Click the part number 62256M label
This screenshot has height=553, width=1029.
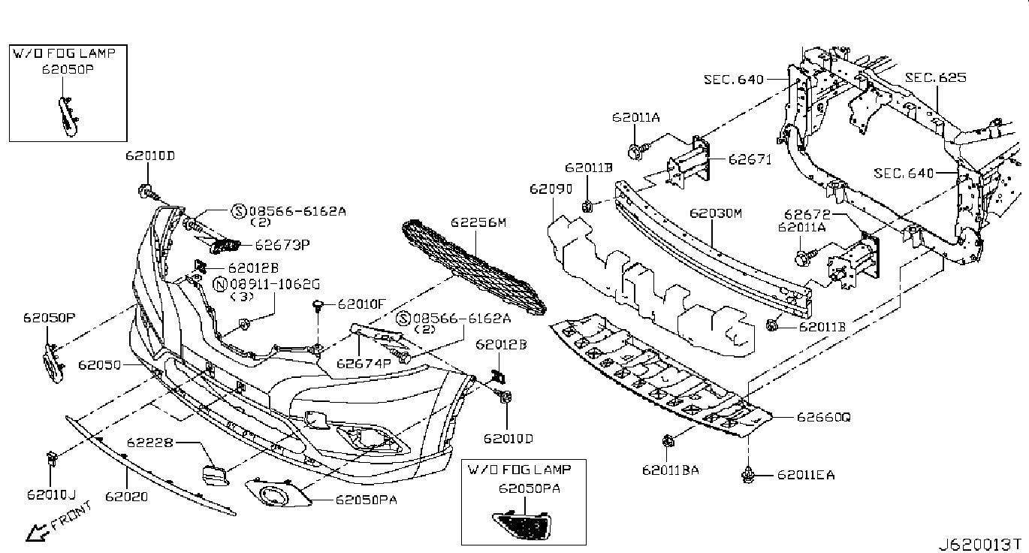[478, 222]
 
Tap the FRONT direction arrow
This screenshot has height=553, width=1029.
[35, 532]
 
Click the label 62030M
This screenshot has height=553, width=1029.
[716, 214]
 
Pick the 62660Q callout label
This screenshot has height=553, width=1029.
[824, 416]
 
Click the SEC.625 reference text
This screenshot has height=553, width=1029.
[935, 77]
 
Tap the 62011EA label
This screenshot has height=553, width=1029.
[806, 475]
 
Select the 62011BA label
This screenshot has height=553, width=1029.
[671, 471]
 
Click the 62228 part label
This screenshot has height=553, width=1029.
[149, 443]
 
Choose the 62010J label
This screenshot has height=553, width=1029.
[51, 494]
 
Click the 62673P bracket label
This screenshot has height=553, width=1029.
[282, 244]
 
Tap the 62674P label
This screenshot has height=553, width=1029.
[364, 364]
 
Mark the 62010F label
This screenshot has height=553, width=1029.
[361, 304]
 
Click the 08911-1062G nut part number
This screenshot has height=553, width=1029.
[275, 284]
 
